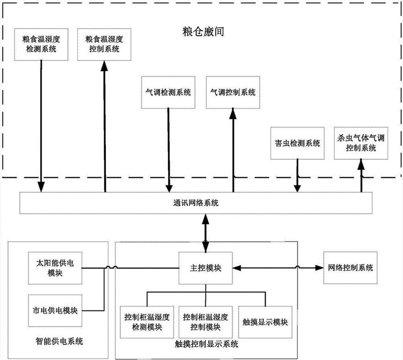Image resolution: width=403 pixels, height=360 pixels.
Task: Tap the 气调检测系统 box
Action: coord(168,93)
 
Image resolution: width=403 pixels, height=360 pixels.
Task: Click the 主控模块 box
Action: coord(205,269)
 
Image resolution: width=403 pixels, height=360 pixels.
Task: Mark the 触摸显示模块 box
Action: coord(265,322)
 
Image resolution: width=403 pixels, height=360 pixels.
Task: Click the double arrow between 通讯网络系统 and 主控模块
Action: coord(205,233)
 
